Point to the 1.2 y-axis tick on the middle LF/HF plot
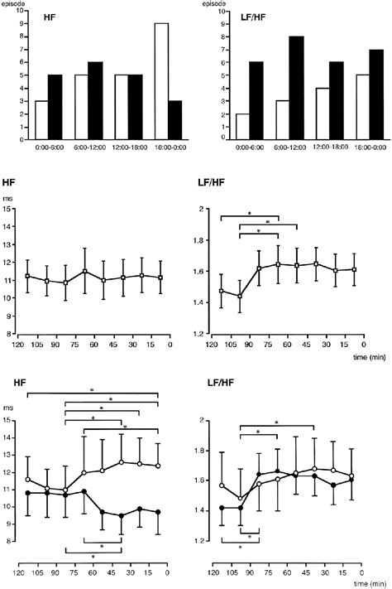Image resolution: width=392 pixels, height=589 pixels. point(198,333)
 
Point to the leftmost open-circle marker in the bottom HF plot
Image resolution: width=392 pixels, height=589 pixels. point(29,479)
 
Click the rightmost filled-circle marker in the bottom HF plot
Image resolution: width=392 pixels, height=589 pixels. point(156,512)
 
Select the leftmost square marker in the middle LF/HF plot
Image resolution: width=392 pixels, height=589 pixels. point(222,291)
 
